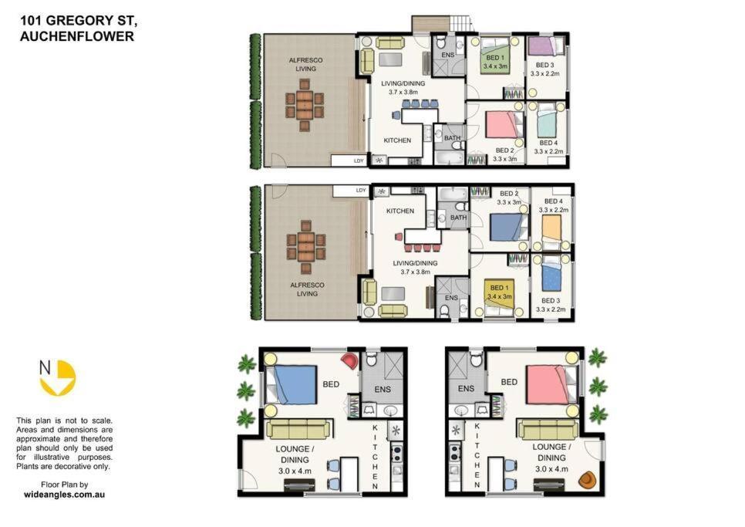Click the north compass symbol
point(58,378)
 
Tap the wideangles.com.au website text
point(64,493)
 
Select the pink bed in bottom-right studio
point(550,383)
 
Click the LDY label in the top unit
point(358,160)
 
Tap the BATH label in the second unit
point(458,218)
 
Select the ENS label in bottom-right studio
point(466,389)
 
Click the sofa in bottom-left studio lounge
point(298,430)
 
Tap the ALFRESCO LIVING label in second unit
point(306,289)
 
